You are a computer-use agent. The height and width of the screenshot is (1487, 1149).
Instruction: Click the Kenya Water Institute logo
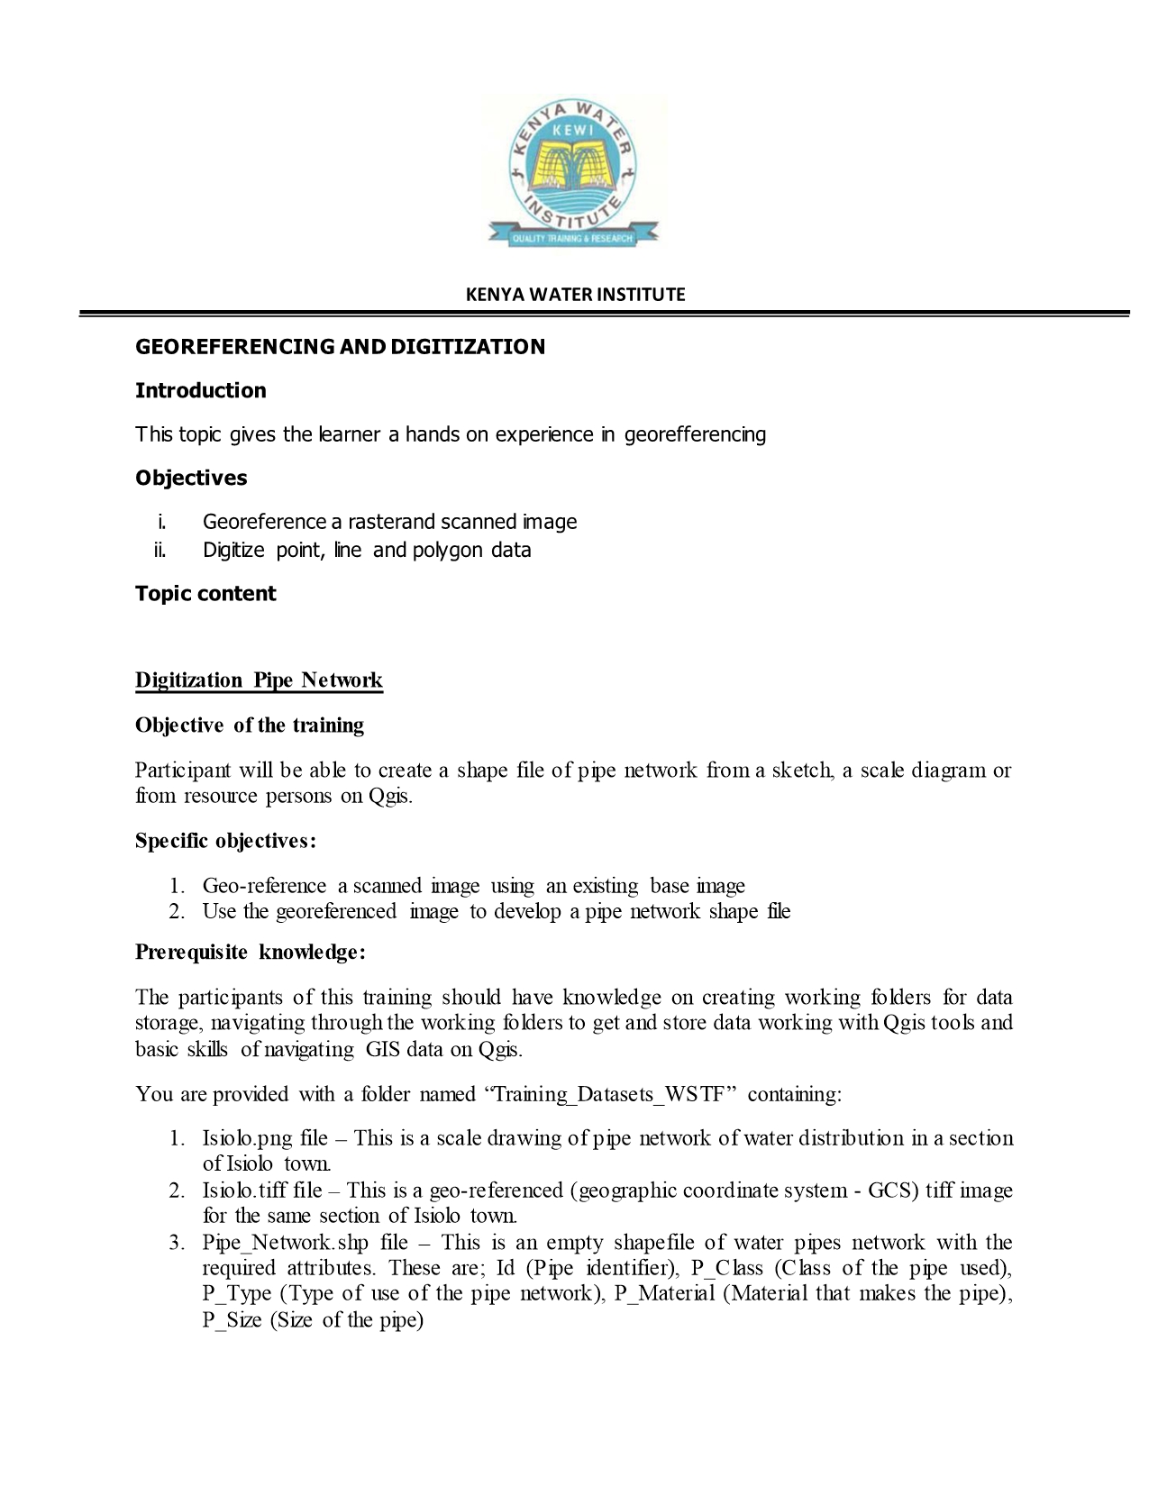(x=574, y=172)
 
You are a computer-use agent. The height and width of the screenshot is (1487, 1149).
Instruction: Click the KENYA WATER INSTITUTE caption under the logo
(x=575, y=295)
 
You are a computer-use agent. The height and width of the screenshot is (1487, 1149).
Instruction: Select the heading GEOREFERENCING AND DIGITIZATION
(x=340, y=347)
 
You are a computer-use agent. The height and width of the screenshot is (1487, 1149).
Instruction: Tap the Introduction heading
(x=200, y=390)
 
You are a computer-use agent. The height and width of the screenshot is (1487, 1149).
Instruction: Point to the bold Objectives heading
(x=191, y=478)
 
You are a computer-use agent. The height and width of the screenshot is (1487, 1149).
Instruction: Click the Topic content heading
(x=205, y=593)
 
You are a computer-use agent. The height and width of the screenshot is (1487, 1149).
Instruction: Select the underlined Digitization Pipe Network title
(x=259, y=680)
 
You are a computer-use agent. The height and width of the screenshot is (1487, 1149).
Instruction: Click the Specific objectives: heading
(x=225, y=841)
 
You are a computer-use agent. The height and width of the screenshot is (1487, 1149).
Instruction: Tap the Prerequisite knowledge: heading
(x=250, y=953)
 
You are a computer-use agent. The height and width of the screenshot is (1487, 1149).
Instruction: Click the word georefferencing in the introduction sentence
(x=695, y=434)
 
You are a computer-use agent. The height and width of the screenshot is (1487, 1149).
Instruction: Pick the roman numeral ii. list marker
(x=160, y=550)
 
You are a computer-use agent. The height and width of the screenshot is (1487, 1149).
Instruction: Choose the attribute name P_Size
(x=232, y=1320)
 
